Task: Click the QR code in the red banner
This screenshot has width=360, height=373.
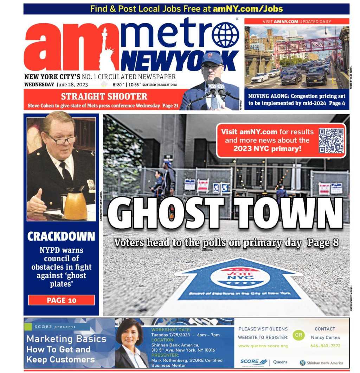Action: click(x=331, y=140)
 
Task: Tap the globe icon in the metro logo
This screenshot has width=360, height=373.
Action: click(x=225, y=35)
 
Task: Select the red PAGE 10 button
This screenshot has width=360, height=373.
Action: click(x=62, y=300)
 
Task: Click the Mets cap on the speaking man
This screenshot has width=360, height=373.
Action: click(x=212, y=57)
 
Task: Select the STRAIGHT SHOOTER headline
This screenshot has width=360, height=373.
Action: click(x=104, y=96)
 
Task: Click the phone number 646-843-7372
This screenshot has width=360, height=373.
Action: click(x=325, y=346)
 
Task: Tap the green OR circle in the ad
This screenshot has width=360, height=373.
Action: click(x=298, y=335)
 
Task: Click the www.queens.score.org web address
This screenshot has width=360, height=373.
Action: click(x=263, y=346)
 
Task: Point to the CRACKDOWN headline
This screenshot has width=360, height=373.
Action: click(x=61, y=237)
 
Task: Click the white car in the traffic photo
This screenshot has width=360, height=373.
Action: click(x=260, y=78)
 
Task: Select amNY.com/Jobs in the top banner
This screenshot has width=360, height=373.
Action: click(x=247, y=9)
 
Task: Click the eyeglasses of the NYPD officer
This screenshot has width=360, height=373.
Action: click(x=63, y=139)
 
